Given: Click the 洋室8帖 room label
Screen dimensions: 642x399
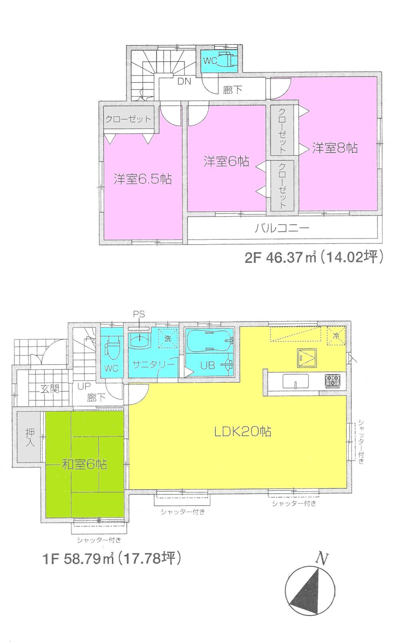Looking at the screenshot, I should coord(335,148).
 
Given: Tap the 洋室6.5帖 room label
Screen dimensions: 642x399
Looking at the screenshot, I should coord(142,179).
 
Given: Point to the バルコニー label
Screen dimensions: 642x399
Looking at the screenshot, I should coord(282,229).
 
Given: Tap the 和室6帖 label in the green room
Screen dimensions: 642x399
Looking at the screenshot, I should coord(84,464).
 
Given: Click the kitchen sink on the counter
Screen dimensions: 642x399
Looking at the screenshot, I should coord(295,381).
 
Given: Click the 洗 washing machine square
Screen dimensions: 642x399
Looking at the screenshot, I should coord(168,338).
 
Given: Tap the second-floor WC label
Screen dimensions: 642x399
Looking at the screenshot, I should coord(210,61).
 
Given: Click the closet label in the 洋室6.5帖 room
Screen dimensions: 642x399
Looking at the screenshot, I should coord(128,119).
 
